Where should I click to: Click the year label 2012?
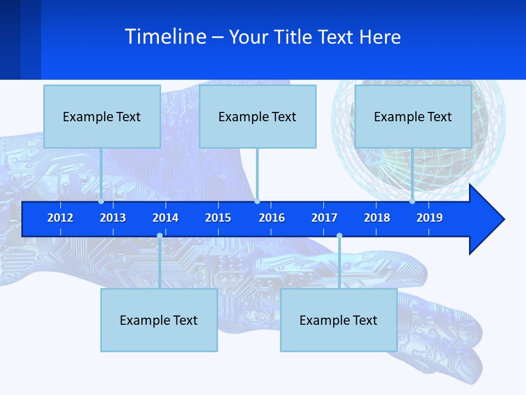tap(60, 218)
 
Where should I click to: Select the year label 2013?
tap(113, 218)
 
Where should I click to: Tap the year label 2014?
tap(165, 218)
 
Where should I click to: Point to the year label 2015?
tap(218, 218)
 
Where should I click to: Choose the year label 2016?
tap(272, 218)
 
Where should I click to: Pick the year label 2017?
tap(324, 218)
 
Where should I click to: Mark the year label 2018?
tap(377, 218)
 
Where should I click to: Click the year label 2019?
tap(430, 218)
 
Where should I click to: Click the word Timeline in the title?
tap(165, 37)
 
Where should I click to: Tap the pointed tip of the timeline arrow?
tap(503, 219)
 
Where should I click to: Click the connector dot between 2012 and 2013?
tap(101, 201)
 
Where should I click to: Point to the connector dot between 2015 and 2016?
tap(257, 201)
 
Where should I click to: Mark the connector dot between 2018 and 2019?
tap(412, 201)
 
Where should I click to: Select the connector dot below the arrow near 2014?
tap(159, 236)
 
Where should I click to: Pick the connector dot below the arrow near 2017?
tap(339, 236)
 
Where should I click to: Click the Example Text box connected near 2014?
tap(159, 320)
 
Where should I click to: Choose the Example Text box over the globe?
tap(413, 117)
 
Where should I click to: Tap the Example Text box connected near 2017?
tap(339, 320)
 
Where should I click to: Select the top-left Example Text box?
tap(102, 117)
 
